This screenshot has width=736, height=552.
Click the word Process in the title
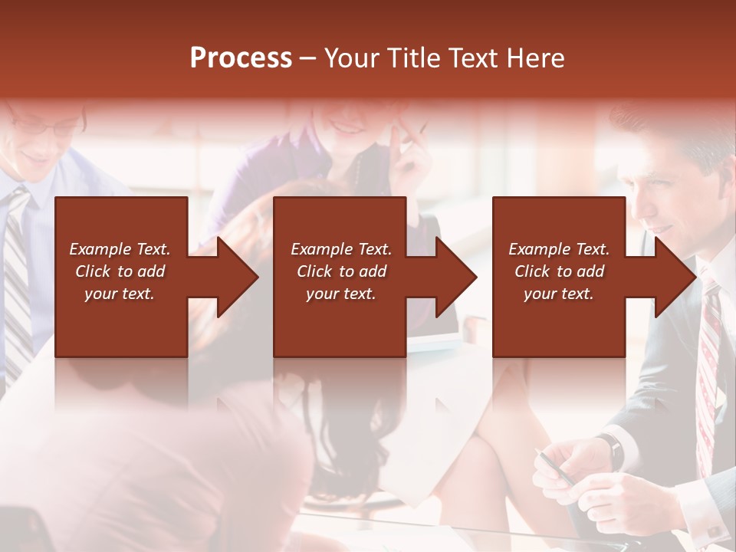pos(241,58)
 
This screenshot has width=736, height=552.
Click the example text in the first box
pos(120,271)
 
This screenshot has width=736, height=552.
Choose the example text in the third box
pos(559,271)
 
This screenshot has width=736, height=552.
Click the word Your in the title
pos(350,58)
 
